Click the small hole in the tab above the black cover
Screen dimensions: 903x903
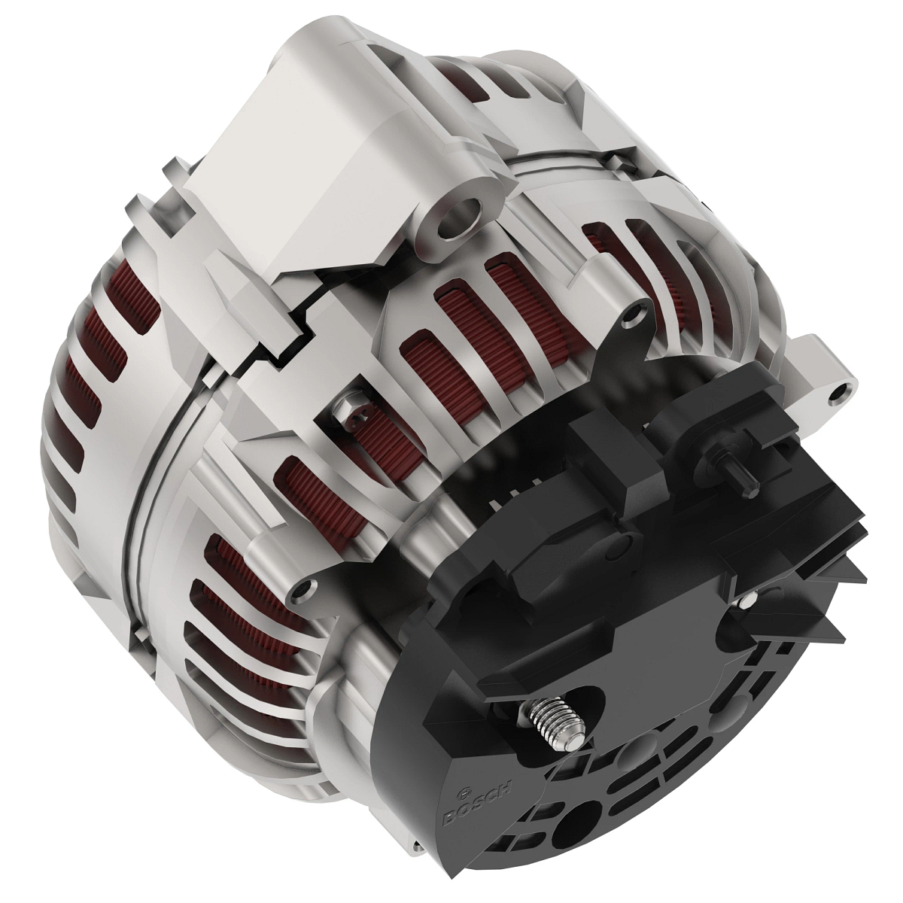[639, 309]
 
